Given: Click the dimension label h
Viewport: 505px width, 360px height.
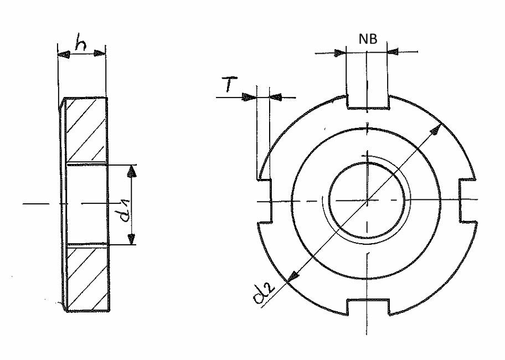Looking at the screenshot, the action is pyautogui.click(x=80, y=42).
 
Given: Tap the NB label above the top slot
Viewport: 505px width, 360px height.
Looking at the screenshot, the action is pyautogui.click(x=368, y=39).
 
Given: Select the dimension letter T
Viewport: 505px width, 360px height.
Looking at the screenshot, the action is pyautogui.click(x=230, y=84).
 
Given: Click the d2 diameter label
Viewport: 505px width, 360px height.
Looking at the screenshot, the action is pyautogui.click(x=264, y=294).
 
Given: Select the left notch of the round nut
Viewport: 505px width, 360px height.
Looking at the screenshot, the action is pyautogui.click(x=264, y=201).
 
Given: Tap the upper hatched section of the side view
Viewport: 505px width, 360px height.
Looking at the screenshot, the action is pyautogui.click(x=86, y=130).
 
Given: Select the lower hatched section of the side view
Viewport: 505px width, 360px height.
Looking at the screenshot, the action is pyautogui.click(x=87, y=278).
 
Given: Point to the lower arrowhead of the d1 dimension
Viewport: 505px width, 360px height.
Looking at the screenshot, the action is pyautogui.click(x=131, y=239).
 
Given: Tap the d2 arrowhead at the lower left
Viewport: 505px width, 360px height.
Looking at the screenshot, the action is pyautogui.click(x=292, y=276).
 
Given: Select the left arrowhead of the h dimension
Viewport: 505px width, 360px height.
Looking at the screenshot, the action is pyautogui.click(x=64, y=54).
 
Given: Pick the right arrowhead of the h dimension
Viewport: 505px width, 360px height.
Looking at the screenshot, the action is pyautogui.click(x=100, y=53).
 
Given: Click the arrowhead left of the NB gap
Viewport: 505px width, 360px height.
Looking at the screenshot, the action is pyautogui.click(x=340, y=53).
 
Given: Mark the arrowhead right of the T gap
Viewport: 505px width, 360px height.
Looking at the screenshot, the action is pyautogui.click(x=276, y=96).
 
